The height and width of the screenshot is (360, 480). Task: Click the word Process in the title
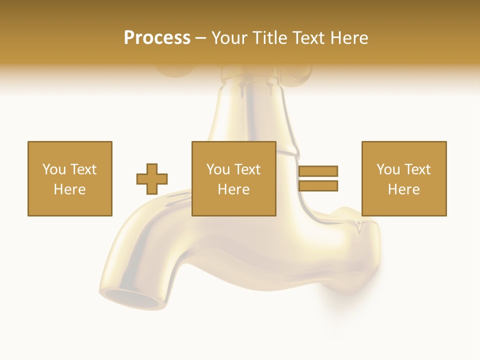click(157, 38)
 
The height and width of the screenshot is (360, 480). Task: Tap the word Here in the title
click(349, 38)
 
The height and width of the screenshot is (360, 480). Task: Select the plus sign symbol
click(152, 179)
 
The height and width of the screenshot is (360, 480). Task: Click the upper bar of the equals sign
click(318, 171)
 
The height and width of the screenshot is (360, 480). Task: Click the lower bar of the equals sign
click(318, 186)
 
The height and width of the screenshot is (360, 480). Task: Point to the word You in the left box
click(54, 169)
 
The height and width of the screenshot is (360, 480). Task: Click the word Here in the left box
click(69, 189)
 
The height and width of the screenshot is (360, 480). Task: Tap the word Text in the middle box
click(247, 169)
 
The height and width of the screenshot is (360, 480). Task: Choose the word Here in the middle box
click(233, 189)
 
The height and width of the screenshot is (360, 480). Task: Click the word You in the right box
click(388, 169)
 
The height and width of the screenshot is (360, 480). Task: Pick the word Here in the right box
click(403, 189)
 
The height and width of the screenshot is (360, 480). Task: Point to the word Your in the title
click(229, 38)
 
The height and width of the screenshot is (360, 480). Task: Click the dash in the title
click(200, 38)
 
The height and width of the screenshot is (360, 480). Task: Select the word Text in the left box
click(83, 169)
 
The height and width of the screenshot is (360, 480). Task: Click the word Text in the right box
click(417, 169)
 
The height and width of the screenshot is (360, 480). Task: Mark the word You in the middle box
click(218, 169)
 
